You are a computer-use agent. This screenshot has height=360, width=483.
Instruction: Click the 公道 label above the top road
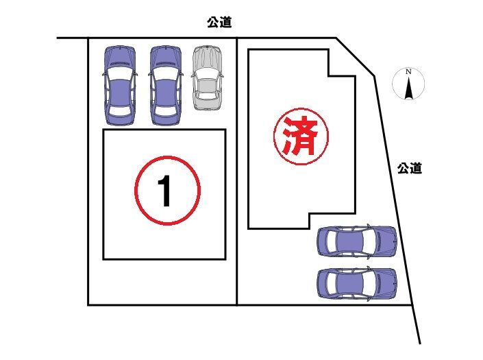(x=219, y=22)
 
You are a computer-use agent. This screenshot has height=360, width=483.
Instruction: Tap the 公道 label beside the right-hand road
(x=410, y=168)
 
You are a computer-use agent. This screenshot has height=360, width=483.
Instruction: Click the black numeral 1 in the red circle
(x=165, y=191)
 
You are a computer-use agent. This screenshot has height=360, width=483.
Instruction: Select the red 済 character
(x=300, y=136)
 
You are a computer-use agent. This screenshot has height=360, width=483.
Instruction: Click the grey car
(x=207, y=77)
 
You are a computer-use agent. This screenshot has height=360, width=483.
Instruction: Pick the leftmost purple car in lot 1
(x=119, y=86)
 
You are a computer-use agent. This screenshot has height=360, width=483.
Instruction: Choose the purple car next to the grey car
(x=165, y=86)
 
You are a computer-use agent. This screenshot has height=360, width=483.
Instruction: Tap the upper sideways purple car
(x=357, y=241)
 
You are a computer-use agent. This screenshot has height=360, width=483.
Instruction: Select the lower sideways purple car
(x=357, y=284)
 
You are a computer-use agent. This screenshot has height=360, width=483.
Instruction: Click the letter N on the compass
(x=408, y=71)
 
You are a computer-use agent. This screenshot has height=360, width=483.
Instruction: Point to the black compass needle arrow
(x=408, y=88)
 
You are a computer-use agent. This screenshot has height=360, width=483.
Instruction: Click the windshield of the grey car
(x=207, y=73)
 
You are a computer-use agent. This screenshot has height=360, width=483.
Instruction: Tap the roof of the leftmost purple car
(x=119, y=92)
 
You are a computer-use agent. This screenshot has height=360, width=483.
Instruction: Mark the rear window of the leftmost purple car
(x=119, y=110)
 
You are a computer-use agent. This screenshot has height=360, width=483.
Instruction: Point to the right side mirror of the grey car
(x=221, y=76)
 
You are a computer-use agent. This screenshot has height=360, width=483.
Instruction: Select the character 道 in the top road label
(x=226, y=22)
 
